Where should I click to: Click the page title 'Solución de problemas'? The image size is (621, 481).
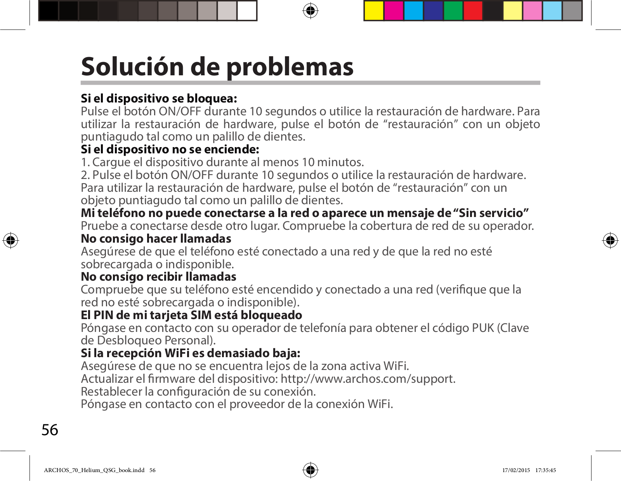pos(217,67)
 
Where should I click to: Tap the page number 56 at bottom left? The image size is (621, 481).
pos(50,430)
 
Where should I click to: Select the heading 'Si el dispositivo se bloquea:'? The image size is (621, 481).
pos(159,99)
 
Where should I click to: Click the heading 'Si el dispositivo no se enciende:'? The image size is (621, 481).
pos(170,149)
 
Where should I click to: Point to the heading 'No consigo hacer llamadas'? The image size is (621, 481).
pos(156,239)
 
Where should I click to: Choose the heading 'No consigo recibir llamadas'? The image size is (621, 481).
pos(158,277)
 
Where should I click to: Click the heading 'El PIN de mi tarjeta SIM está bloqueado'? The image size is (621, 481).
pos(191,315)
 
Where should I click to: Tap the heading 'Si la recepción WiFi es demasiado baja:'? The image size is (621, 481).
pos(190,353)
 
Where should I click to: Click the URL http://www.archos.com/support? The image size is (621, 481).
pos(368,379)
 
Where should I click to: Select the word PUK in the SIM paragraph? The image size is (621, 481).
pos(483,328)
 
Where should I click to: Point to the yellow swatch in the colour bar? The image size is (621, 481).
pos(374,10)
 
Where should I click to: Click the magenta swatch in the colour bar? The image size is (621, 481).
pos(394,10)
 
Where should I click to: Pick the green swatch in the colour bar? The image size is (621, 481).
pos(453,10)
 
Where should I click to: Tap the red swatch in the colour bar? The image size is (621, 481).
pos(473,10)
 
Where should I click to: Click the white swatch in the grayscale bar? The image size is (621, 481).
pos(247,10)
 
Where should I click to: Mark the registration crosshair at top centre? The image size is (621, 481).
pos(310,10)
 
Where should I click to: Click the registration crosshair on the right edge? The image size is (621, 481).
pos(610,241)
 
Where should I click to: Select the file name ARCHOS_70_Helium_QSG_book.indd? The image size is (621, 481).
pos(94,470)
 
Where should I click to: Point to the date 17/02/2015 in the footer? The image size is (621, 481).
pos(516,470)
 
